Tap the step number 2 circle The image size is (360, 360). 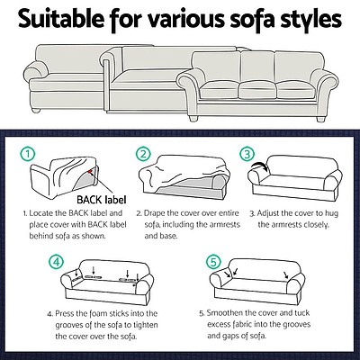(142, 154)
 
